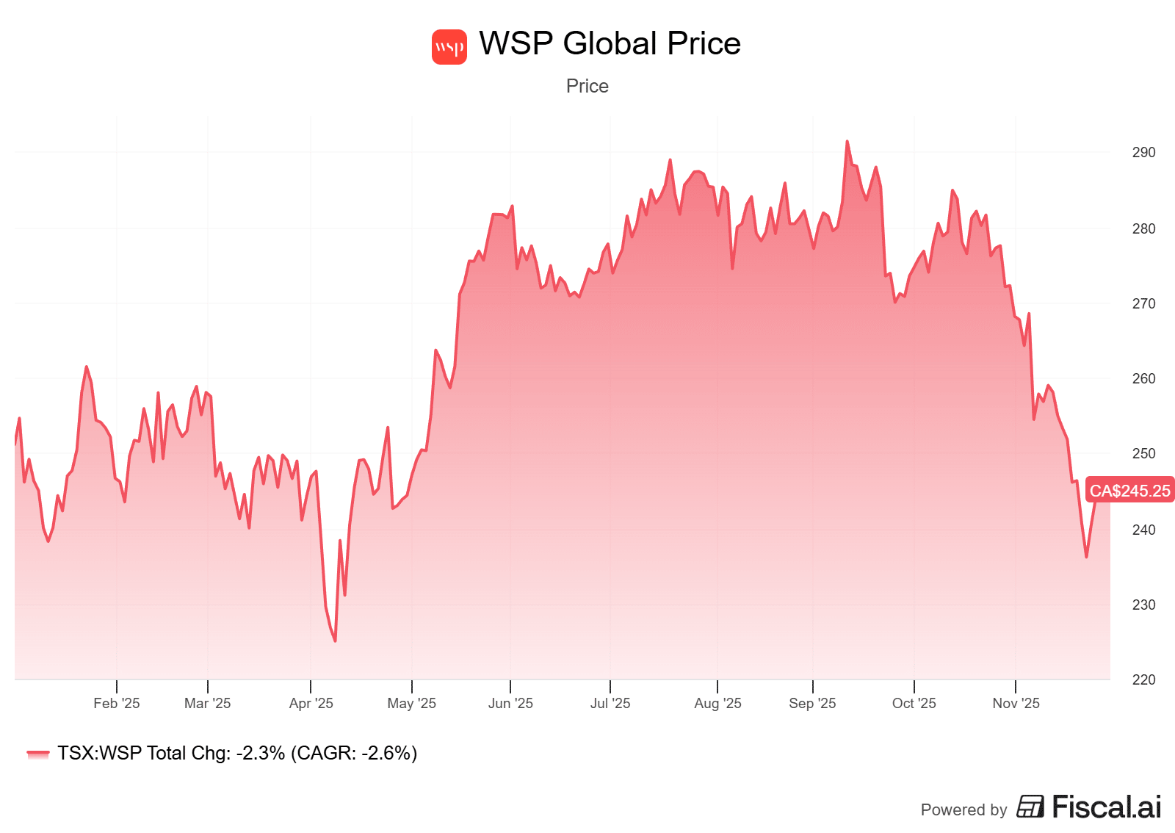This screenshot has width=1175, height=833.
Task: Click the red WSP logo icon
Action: click(x=449, y=47)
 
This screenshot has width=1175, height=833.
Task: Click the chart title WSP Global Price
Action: click(x=610, y=44)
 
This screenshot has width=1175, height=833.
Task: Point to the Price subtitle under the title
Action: click(x=587, y=86)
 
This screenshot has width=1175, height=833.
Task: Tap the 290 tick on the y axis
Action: click(x=1143, y=153)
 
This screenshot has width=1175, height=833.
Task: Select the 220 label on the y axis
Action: click(x=1143, y=679)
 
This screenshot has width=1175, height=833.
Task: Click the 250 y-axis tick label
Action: click(x=1143, y=453)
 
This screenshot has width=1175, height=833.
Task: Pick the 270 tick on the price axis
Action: click(x=1143, y=303)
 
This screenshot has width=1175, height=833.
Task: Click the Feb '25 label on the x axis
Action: click(x=116, y=703)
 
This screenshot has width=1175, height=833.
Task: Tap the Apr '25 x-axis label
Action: click(x=311, y=703)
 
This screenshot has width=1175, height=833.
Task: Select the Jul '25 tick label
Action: click(x=610, y=703)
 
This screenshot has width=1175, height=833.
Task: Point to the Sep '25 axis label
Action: click(x=812, y=703)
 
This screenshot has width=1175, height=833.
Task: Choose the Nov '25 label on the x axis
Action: click(x=1016, y=703)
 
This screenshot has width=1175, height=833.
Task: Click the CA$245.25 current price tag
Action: click(x=1129, y=491)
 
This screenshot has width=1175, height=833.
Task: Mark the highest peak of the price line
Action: click(x=847, y=142)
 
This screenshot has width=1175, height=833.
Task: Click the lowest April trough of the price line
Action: click(x=335, y=641)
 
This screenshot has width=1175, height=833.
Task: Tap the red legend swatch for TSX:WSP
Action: click(x=37, y=754)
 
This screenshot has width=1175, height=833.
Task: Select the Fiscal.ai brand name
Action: click(x=1107, y=807)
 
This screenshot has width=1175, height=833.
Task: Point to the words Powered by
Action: click(x=963, y=809)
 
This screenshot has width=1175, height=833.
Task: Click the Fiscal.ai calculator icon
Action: click(x=1030, y=807)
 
